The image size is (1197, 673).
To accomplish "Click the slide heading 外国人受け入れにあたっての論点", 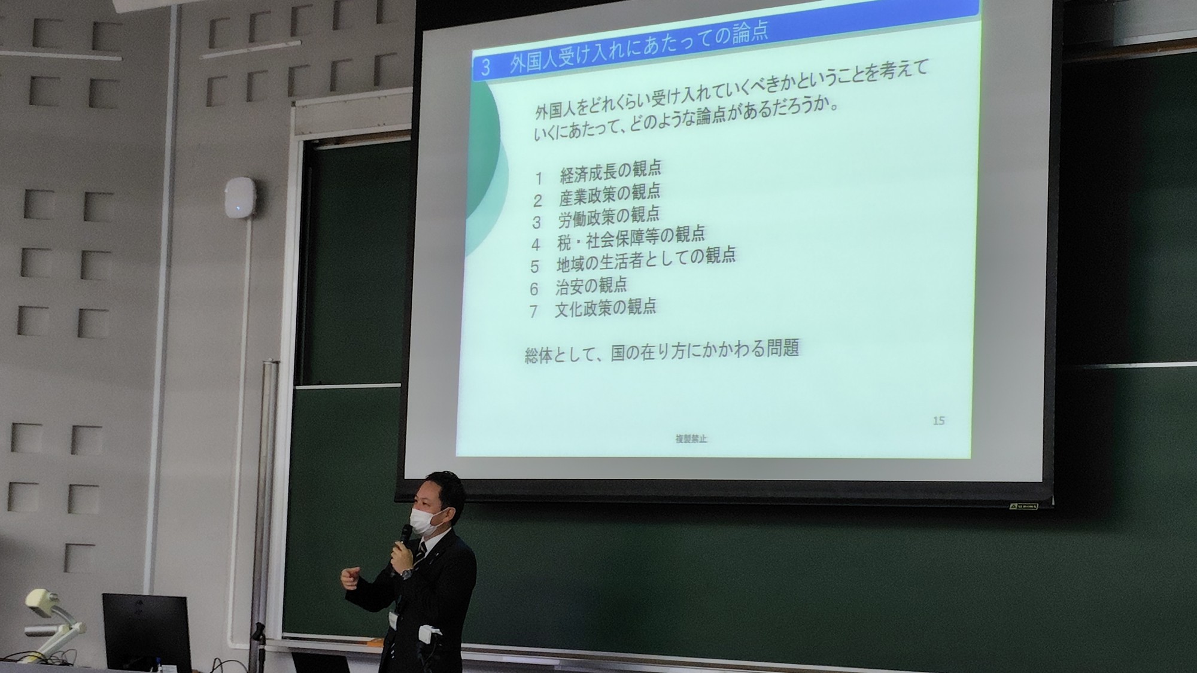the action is (639, 47).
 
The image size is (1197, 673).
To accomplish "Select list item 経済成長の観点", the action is (610, 171).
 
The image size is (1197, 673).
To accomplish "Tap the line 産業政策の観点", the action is (609, 194).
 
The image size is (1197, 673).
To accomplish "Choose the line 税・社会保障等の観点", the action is (631, 237).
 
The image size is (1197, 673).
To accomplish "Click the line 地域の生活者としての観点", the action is (646, 259).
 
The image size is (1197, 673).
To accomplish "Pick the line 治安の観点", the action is (591, 286).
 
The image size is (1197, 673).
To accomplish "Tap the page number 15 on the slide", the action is (938, 421).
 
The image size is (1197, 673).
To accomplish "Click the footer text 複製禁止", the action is (691, 438).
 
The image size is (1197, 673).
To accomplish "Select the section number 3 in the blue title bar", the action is (485, 68).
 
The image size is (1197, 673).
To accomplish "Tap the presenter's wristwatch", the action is (407, 572).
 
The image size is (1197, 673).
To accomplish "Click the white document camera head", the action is (42, 601).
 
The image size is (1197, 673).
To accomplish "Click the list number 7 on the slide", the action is (533, 312).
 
